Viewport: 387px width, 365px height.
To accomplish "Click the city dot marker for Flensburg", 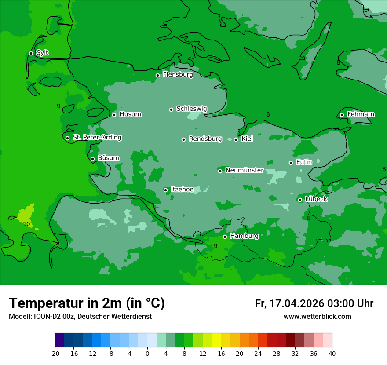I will click(x=157, y=75).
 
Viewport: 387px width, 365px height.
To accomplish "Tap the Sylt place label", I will click(x=42, y=53).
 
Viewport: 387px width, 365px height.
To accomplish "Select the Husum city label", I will click(x=130, y=114).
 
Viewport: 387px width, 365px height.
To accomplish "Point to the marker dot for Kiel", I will click(x=236, y=139).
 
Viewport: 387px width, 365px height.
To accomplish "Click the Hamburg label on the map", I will click(x=244, y=236).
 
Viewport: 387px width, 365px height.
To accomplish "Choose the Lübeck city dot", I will click(x=300, y=200).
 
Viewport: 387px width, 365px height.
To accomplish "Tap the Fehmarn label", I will click(x=361, y=114).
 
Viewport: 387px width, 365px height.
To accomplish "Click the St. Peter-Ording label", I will click(x=97, y=138).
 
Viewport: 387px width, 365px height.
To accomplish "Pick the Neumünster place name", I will click(x=245, y=170).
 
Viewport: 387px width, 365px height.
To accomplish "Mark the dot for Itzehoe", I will click(x=165, y=190).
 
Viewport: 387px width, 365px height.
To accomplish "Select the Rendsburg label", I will click(x=205, y=139).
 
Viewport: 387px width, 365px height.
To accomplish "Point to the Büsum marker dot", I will click(x=92, y=159).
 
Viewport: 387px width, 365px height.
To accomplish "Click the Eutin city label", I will click(x=304, y=162).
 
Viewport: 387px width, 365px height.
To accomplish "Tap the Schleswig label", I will click(x=191, y=109).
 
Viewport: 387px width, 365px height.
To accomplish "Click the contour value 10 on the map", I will click(x=26, y=224).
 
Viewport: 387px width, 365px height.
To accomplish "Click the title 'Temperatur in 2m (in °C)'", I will click(x=87, y=303).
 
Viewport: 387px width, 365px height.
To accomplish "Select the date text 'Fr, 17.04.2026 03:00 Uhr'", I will click(x=314, y=303).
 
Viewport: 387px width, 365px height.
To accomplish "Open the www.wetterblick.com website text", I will click(x=317, y=317).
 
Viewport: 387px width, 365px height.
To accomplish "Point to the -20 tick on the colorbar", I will click(x=55, y=354).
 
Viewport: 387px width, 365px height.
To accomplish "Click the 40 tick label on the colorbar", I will click(x=332, y=354).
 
